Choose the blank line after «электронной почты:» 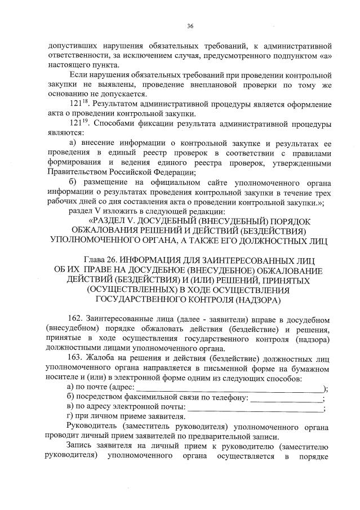tap(256, 409)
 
